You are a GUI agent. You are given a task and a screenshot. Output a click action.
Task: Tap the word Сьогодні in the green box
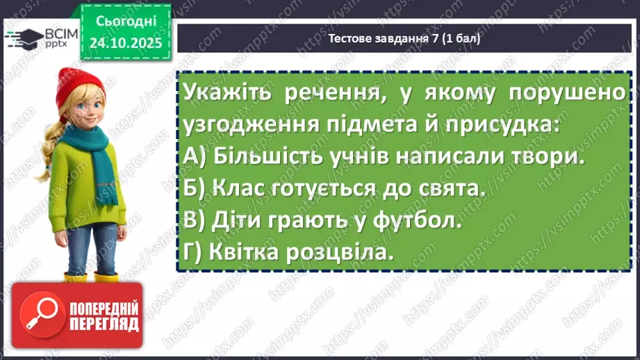pyautogui.click(x=125, y=21)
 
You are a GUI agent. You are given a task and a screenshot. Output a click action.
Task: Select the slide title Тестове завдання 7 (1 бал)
pyautogui.click(x=403, y=38)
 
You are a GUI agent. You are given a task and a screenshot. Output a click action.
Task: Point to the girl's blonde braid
pyautogui.click(x=47, y=149)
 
